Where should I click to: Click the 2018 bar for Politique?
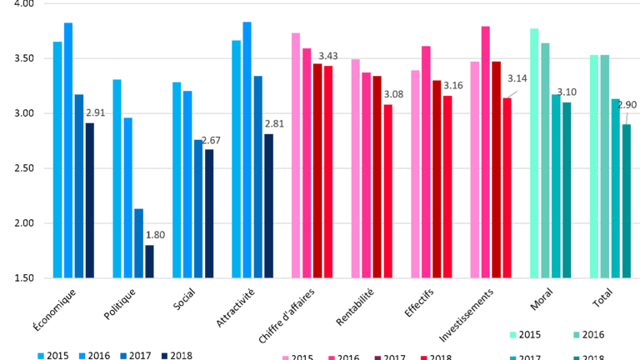[149, 261]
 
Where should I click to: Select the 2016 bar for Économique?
[68, 150]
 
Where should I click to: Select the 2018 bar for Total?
[626, 201]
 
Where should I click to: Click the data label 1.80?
[155, 235]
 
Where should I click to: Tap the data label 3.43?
[327, 56]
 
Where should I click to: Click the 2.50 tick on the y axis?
[22, 168]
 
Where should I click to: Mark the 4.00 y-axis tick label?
[22, 4]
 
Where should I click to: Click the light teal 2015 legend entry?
[525, 335]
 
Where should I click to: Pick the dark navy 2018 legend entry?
[174, 356]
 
